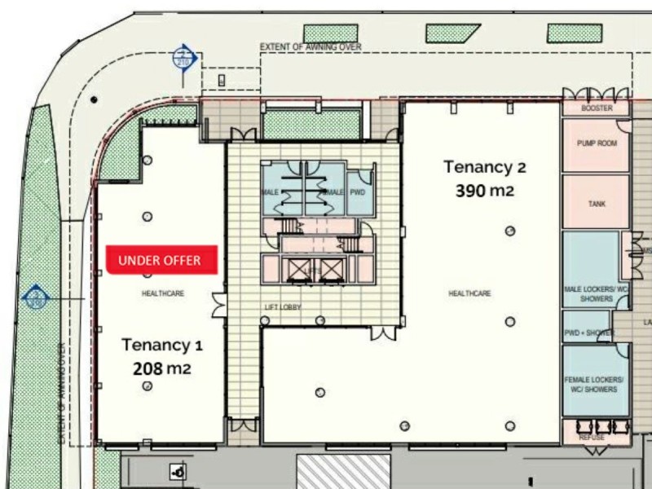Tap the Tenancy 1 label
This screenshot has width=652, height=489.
coord(162,345)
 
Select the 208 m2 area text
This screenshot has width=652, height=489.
coord(162,368)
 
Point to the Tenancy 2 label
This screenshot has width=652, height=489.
coord(484,167)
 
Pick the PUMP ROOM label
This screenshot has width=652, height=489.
coord(597,143)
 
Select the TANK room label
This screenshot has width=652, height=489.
coord(597,204)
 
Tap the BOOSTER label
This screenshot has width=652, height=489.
coord(597,108)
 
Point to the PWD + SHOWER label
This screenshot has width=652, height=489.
coord(587,333)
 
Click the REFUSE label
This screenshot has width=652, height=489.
coord(592,438)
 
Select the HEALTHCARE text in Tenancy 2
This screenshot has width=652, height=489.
coord(469,293)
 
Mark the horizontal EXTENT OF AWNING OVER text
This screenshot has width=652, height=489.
coord(310,47)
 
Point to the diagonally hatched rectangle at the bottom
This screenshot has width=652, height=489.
coord(342,472)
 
